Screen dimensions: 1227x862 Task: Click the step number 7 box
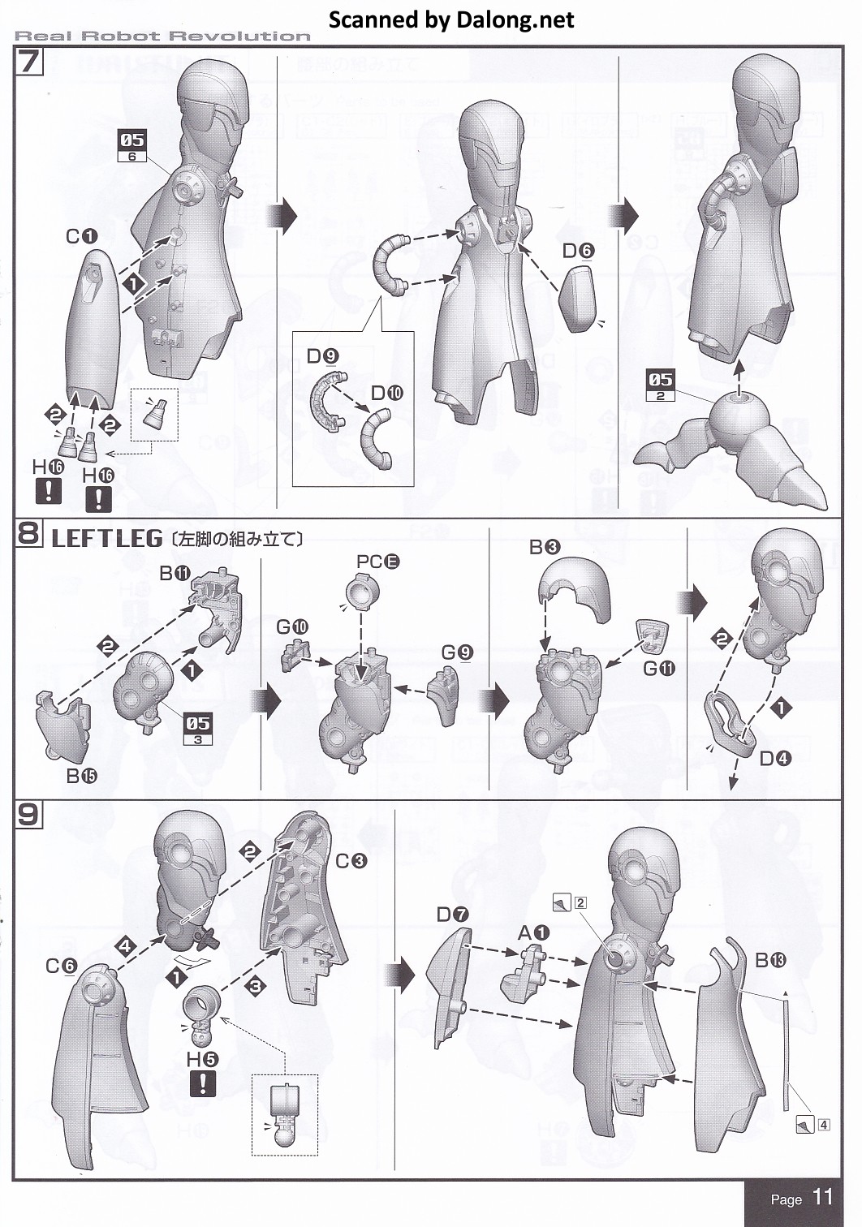pos(28,62)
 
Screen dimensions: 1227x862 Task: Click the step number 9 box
pos(28,814)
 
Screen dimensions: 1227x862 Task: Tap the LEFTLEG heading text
pos(107,539)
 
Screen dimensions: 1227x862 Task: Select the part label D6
pos(578,252)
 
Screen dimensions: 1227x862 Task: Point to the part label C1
pos(81,236)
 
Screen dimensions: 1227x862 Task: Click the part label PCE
pos(377,561)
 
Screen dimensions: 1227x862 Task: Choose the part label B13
pos(770,961)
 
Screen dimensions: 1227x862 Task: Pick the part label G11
pos(658,669)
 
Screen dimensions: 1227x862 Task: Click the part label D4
pos(775,759)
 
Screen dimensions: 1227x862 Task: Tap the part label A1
pos(534,933)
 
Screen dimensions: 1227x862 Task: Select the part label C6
pos(61,966)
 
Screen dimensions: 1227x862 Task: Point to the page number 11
pos(822,1197)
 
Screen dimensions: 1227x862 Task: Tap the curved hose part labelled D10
pos(379,439)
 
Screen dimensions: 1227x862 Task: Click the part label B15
pos(82,776)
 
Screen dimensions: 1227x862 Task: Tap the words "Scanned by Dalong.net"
pos(451,19)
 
